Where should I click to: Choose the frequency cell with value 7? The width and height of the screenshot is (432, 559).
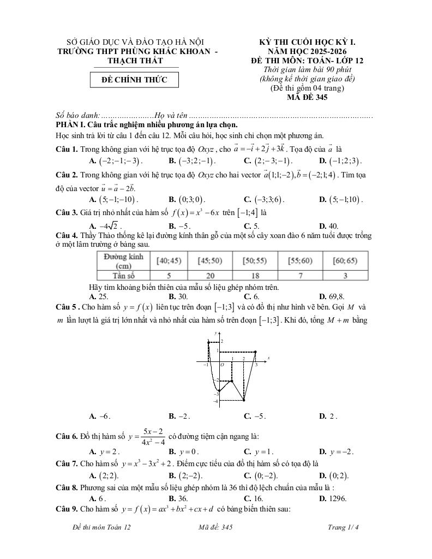tap(299, 276)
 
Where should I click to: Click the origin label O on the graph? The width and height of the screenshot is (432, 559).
tap(221, 365)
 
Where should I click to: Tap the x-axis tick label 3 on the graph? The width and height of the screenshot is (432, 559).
tap(256, 365)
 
